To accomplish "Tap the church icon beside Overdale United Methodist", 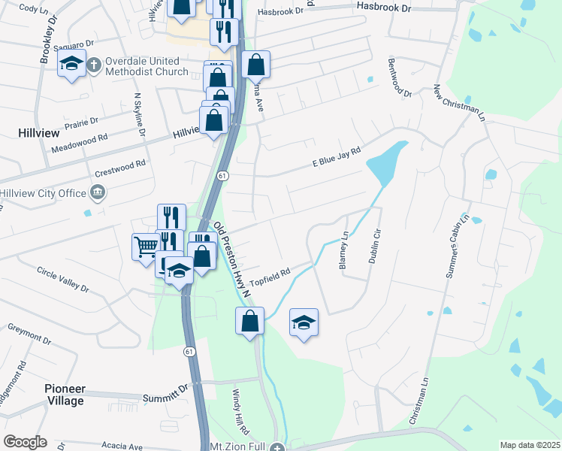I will coord(94,64).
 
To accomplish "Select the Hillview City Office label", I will coord(44,193).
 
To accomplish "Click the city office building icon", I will coord(98,193).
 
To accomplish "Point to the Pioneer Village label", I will coord(64,395).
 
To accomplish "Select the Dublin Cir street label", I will coord(373,245).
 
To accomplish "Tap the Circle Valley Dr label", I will coord(63,279).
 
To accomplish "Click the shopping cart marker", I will coord(145,246).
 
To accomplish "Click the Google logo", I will coord(26,442).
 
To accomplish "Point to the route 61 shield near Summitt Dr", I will coord(189,351).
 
